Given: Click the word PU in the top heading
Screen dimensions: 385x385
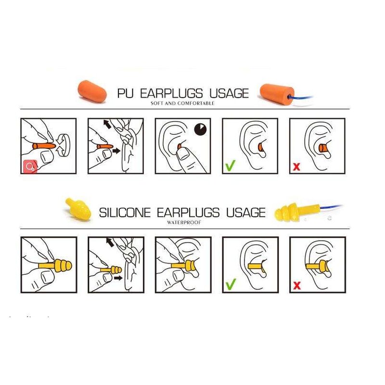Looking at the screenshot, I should [127, 93].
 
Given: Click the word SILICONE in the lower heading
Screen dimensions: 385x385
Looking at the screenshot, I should [125, 212].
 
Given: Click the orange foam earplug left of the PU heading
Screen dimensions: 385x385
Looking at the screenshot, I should [92, 90].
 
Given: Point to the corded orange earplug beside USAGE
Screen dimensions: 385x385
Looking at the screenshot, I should [276, 92].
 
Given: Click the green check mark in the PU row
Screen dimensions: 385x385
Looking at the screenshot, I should [231, 166].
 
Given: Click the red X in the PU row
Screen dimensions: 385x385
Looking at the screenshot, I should [297, 167].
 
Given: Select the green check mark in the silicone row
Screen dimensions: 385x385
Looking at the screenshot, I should [231, 284].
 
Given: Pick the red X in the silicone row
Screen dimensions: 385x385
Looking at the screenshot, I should [297, 285].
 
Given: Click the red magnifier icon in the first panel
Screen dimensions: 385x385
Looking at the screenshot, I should [30, 167].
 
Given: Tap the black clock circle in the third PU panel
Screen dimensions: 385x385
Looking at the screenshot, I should [200, 129].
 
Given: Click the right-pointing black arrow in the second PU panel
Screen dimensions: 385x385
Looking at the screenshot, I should [116, 151].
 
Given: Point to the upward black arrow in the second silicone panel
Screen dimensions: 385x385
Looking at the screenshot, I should [110, 242].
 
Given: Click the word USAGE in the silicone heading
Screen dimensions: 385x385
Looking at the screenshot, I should [244, 212].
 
